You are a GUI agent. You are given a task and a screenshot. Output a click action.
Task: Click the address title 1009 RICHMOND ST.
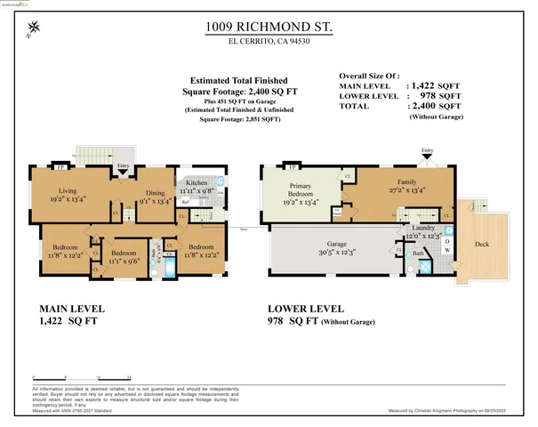click(x=269, y=28)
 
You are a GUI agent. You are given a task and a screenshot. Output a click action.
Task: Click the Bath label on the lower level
click(x=417, y=254)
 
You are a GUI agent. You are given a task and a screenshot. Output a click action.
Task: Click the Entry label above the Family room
click(x=427, y=151)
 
